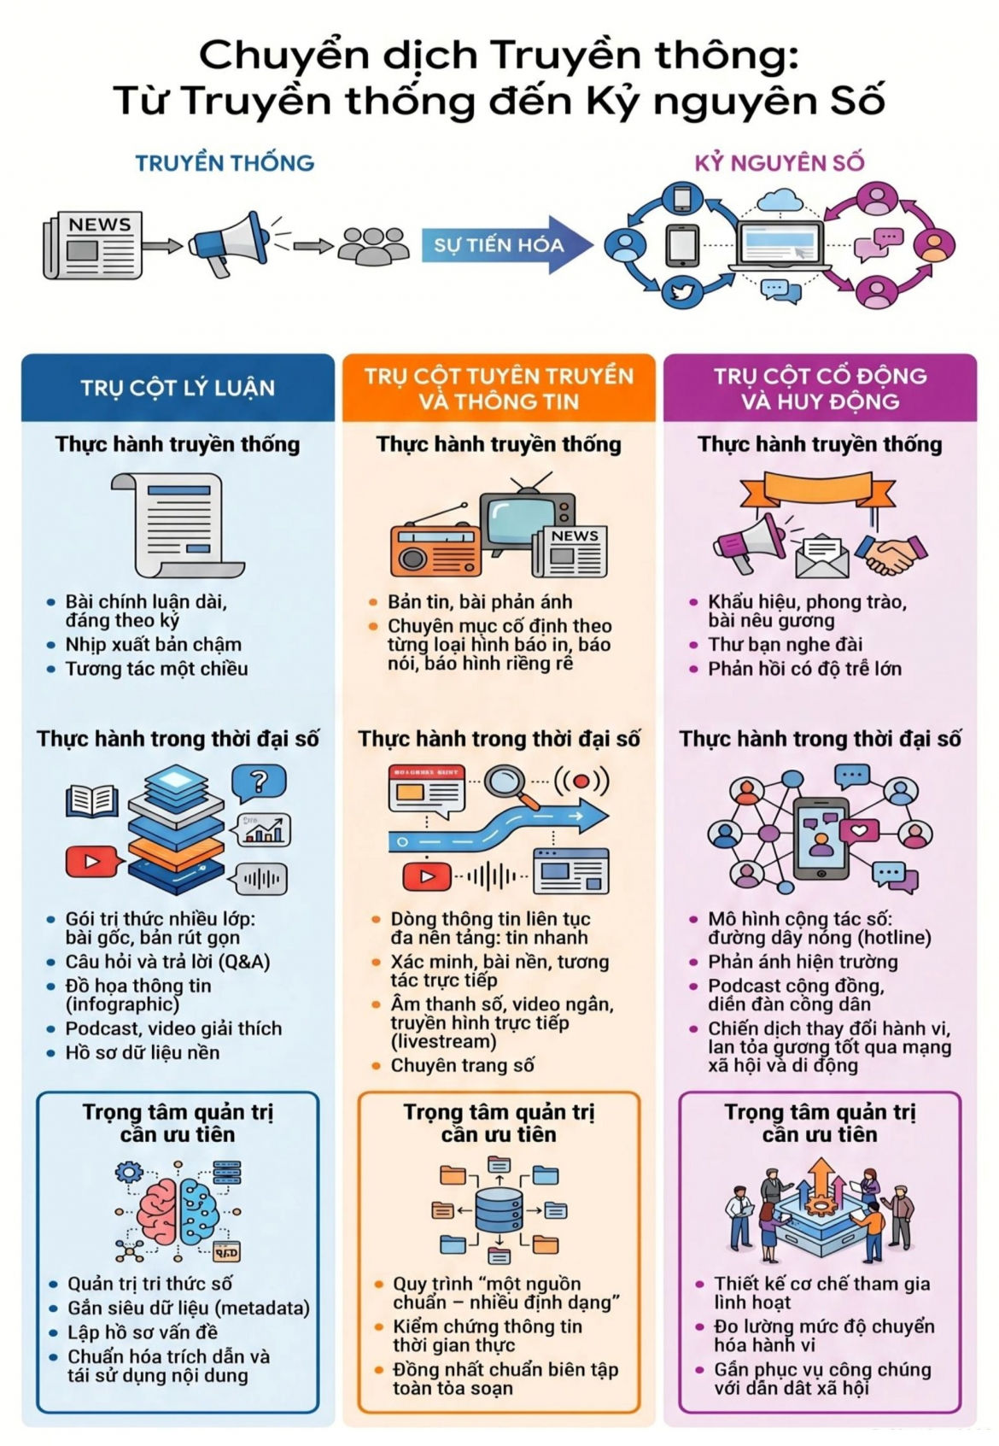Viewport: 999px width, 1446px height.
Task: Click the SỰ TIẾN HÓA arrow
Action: [506, 245]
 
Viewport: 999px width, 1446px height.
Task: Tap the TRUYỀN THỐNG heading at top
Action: [225, 162]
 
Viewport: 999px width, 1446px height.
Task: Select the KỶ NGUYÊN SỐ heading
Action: [780, 162]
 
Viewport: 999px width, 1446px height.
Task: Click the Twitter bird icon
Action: [683, 291]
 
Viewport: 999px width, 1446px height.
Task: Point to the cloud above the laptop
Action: [780, 200]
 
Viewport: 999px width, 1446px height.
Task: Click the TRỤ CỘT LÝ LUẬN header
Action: [178, 388]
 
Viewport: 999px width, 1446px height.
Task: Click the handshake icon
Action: [891, 553]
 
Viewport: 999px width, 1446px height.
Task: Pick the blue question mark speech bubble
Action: [259, 782]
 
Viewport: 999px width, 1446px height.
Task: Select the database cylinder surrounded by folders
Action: [498, 1210]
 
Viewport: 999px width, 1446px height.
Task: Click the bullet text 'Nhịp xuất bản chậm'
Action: [154, 644]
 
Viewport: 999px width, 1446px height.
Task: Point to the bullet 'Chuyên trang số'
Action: [462, 1065]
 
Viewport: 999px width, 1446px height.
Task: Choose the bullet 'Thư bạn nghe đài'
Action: [785, 644]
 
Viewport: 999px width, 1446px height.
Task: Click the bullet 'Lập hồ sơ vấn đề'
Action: [143, 1332]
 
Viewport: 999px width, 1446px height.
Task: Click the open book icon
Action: [92, 800]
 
